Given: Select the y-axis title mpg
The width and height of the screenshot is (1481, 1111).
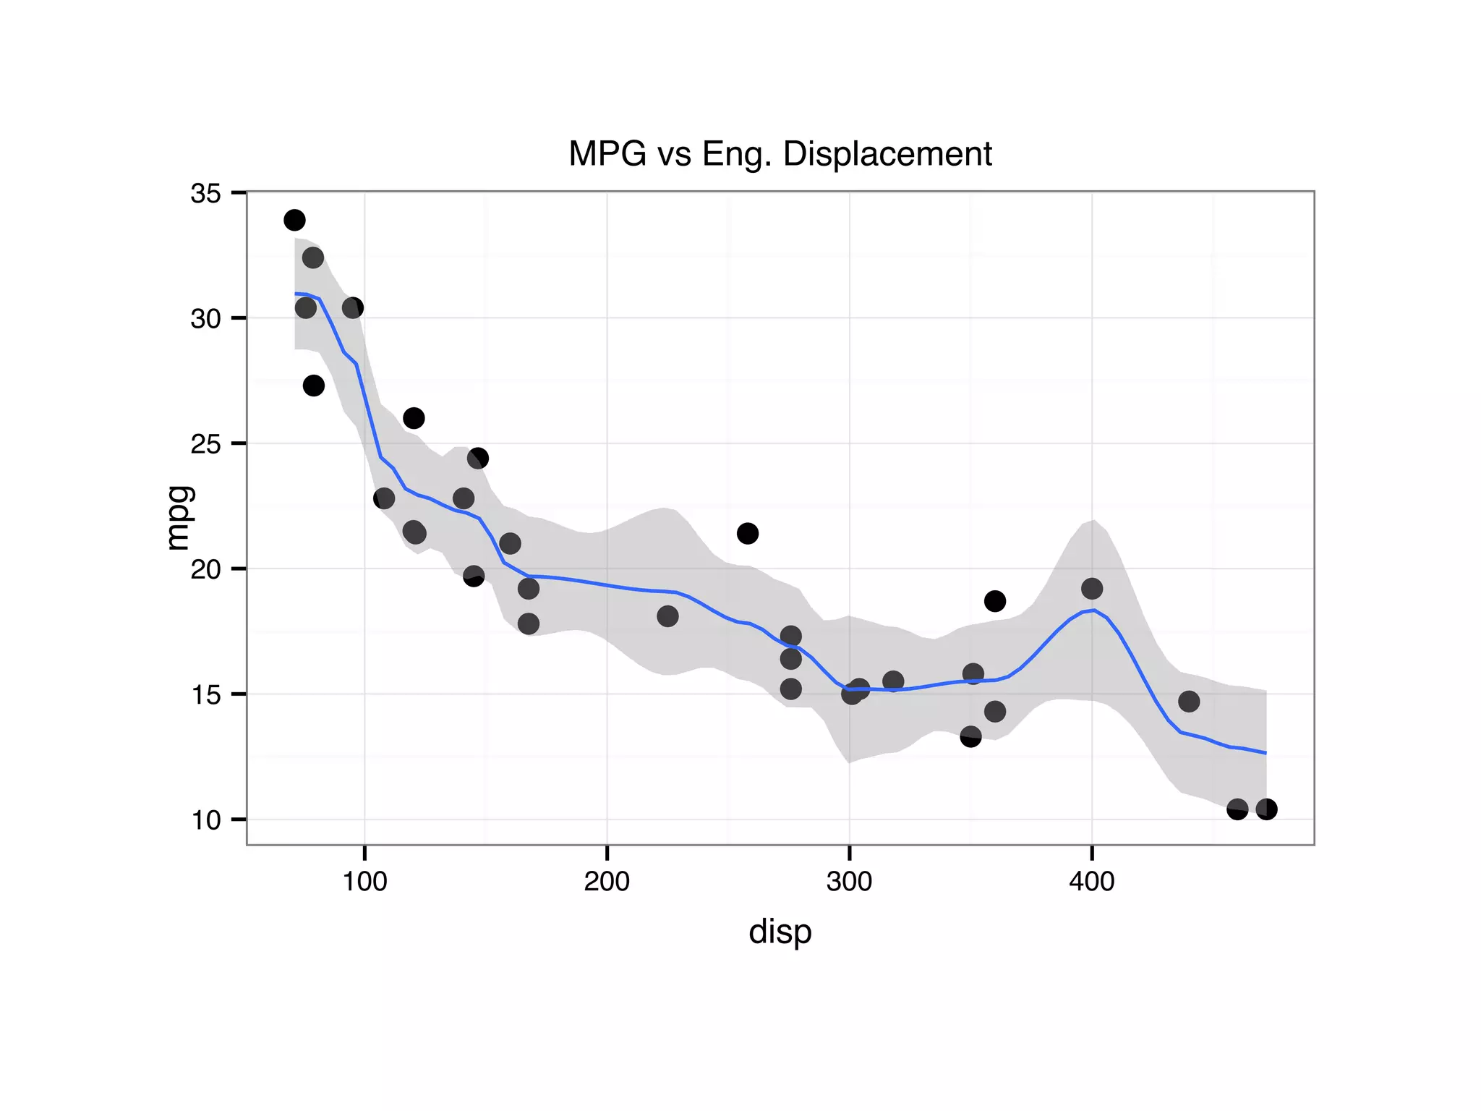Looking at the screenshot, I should (178, 518).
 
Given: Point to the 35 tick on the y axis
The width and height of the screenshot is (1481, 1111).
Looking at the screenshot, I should (205, 194).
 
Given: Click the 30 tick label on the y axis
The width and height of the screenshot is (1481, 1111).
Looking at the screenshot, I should (205, 319).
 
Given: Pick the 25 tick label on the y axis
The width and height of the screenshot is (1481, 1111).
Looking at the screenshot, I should (205, 444).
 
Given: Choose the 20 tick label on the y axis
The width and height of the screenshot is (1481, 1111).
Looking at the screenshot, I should (205, 570).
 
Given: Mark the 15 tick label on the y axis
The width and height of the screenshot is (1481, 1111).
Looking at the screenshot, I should (205, 695).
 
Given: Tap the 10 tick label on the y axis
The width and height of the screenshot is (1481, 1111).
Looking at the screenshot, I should (205, 820).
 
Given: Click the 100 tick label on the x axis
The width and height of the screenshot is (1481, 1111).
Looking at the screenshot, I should (364, 882).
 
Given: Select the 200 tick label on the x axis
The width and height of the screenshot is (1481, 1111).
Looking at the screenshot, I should (607, 882).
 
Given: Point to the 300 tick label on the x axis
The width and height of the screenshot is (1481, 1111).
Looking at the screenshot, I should (849, 882).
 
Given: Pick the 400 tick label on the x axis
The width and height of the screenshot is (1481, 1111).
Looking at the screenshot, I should (1091, 882).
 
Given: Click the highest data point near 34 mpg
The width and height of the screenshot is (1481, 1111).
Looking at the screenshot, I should (294, 220).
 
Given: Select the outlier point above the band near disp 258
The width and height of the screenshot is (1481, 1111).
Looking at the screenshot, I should (747, 534).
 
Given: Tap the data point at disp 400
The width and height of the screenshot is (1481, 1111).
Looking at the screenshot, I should (1092, 589).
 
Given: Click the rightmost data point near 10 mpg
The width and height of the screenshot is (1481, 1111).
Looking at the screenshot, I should (1266, 809).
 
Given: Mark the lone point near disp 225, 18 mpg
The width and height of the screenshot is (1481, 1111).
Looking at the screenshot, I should (667, 616).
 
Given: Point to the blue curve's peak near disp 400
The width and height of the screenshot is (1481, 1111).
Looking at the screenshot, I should (1094, 610).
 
